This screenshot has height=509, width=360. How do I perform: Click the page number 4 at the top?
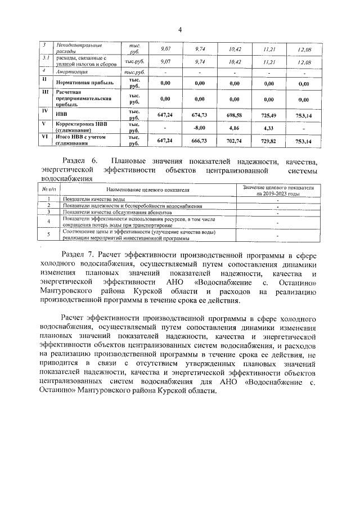click(180, 29)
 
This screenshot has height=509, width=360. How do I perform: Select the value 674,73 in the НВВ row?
click(200, 115)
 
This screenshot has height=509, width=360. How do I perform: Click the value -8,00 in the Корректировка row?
click(200, 128)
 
